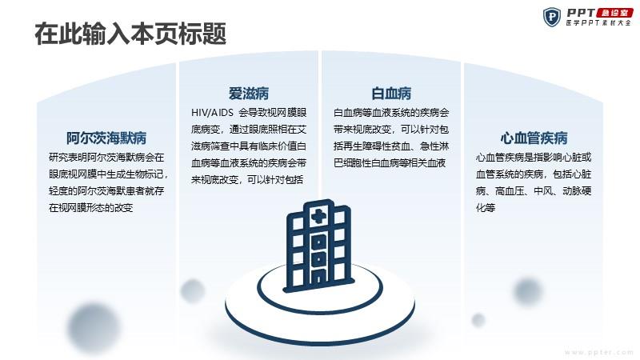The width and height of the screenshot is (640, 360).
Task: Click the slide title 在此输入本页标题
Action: point(130,34)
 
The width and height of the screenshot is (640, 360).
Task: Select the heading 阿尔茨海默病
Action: point(106,138)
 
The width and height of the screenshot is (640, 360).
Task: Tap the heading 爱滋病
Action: point(249,94)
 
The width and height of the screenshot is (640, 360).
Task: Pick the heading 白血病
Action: point(391,94)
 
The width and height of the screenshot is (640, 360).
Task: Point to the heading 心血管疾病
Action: point(534,138)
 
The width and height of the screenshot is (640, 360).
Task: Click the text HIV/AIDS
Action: point(212,113)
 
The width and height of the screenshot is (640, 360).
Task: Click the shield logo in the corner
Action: point(552,17)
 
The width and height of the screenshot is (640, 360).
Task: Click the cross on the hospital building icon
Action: point(318,216)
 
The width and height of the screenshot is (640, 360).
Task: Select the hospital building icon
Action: point(318,246)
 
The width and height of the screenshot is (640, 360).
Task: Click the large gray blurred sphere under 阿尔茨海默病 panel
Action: point(94,327)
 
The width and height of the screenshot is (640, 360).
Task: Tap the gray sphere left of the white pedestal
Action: point(192,290)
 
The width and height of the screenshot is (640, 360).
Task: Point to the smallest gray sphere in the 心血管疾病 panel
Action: point(478,319)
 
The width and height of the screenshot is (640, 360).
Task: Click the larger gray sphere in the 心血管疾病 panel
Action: point(528,291)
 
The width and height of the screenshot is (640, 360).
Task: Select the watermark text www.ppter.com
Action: point(599,352)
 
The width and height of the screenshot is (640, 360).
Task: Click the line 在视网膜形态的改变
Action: point(90,208)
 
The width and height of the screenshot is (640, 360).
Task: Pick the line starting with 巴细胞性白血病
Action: point(390,163)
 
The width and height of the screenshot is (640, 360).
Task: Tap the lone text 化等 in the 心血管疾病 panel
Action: point(486,208)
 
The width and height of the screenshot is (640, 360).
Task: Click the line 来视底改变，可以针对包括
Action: point(247,179)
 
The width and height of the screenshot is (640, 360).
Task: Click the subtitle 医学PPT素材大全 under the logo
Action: point(598,23)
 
